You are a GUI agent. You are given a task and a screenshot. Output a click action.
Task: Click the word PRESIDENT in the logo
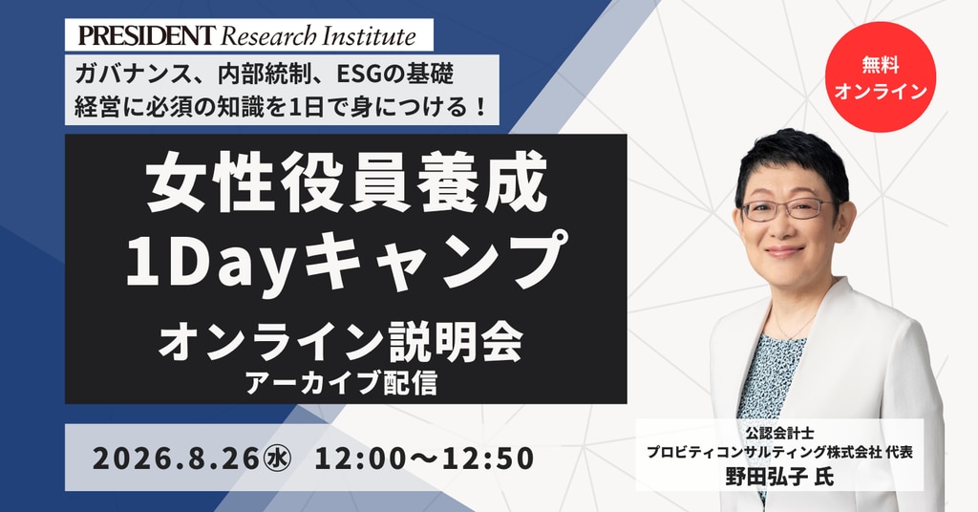click(146, 35)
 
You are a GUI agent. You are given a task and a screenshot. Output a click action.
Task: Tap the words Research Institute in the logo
click(319, 35)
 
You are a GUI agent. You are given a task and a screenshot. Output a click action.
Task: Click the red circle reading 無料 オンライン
click(880, 77)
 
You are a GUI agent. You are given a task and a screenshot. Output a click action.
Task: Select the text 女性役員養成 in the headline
click(347, 184)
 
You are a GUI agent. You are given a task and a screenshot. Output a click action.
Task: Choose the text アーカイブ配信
click(341, 382)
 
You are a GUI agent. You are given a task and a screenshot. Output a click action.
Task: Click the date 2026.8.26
click(176, 459)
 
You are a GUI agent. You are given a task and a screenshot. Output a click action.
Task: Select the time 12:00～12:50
click(424, 459)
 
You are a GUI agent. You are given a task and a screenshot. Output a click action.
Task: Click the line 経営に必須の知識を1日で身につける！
click(280, 107)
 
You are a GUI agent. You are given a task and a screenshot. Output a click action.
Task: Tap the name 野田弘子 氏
click(779, 477)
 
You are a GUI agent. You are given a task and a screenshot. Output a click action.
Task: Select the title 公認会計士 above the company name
click(779, 432)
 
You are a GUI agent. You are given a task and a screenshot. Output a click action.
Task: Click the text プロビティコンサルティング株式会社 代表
click(779, 452)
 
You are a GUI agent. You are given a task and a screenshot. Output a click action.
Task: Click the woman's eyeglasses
click(788, 209)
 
